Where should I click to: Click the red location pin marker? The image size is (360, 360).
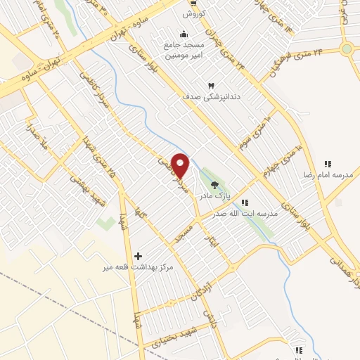tap(181, 165)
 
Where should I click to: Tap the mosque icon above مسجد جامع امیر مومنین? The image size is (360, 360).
tap(184, 34)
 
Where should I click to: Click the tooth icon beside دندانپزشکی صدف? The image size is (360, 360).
tap(210, 86)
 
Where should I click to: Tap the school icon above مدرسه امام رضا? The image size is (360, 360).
tap(327, 163)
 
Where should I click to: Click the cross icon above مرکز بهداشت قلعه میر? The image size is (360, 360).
tap(138, 257)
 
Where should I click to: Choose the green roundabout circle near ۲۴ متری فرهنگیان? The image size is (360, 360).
tap(347, 49)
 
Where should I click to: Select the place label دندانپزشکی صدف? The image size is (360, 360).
tap(212, 96)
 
